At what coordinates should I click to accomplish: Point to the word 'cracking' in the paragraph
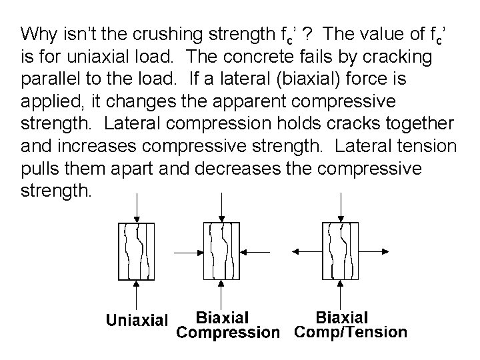tap(402, 57)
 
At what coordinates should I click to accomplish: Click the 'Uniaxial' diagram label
tap(137, 320)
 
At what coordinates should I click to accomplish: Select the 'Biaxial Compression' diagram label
tap(223, 324)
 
